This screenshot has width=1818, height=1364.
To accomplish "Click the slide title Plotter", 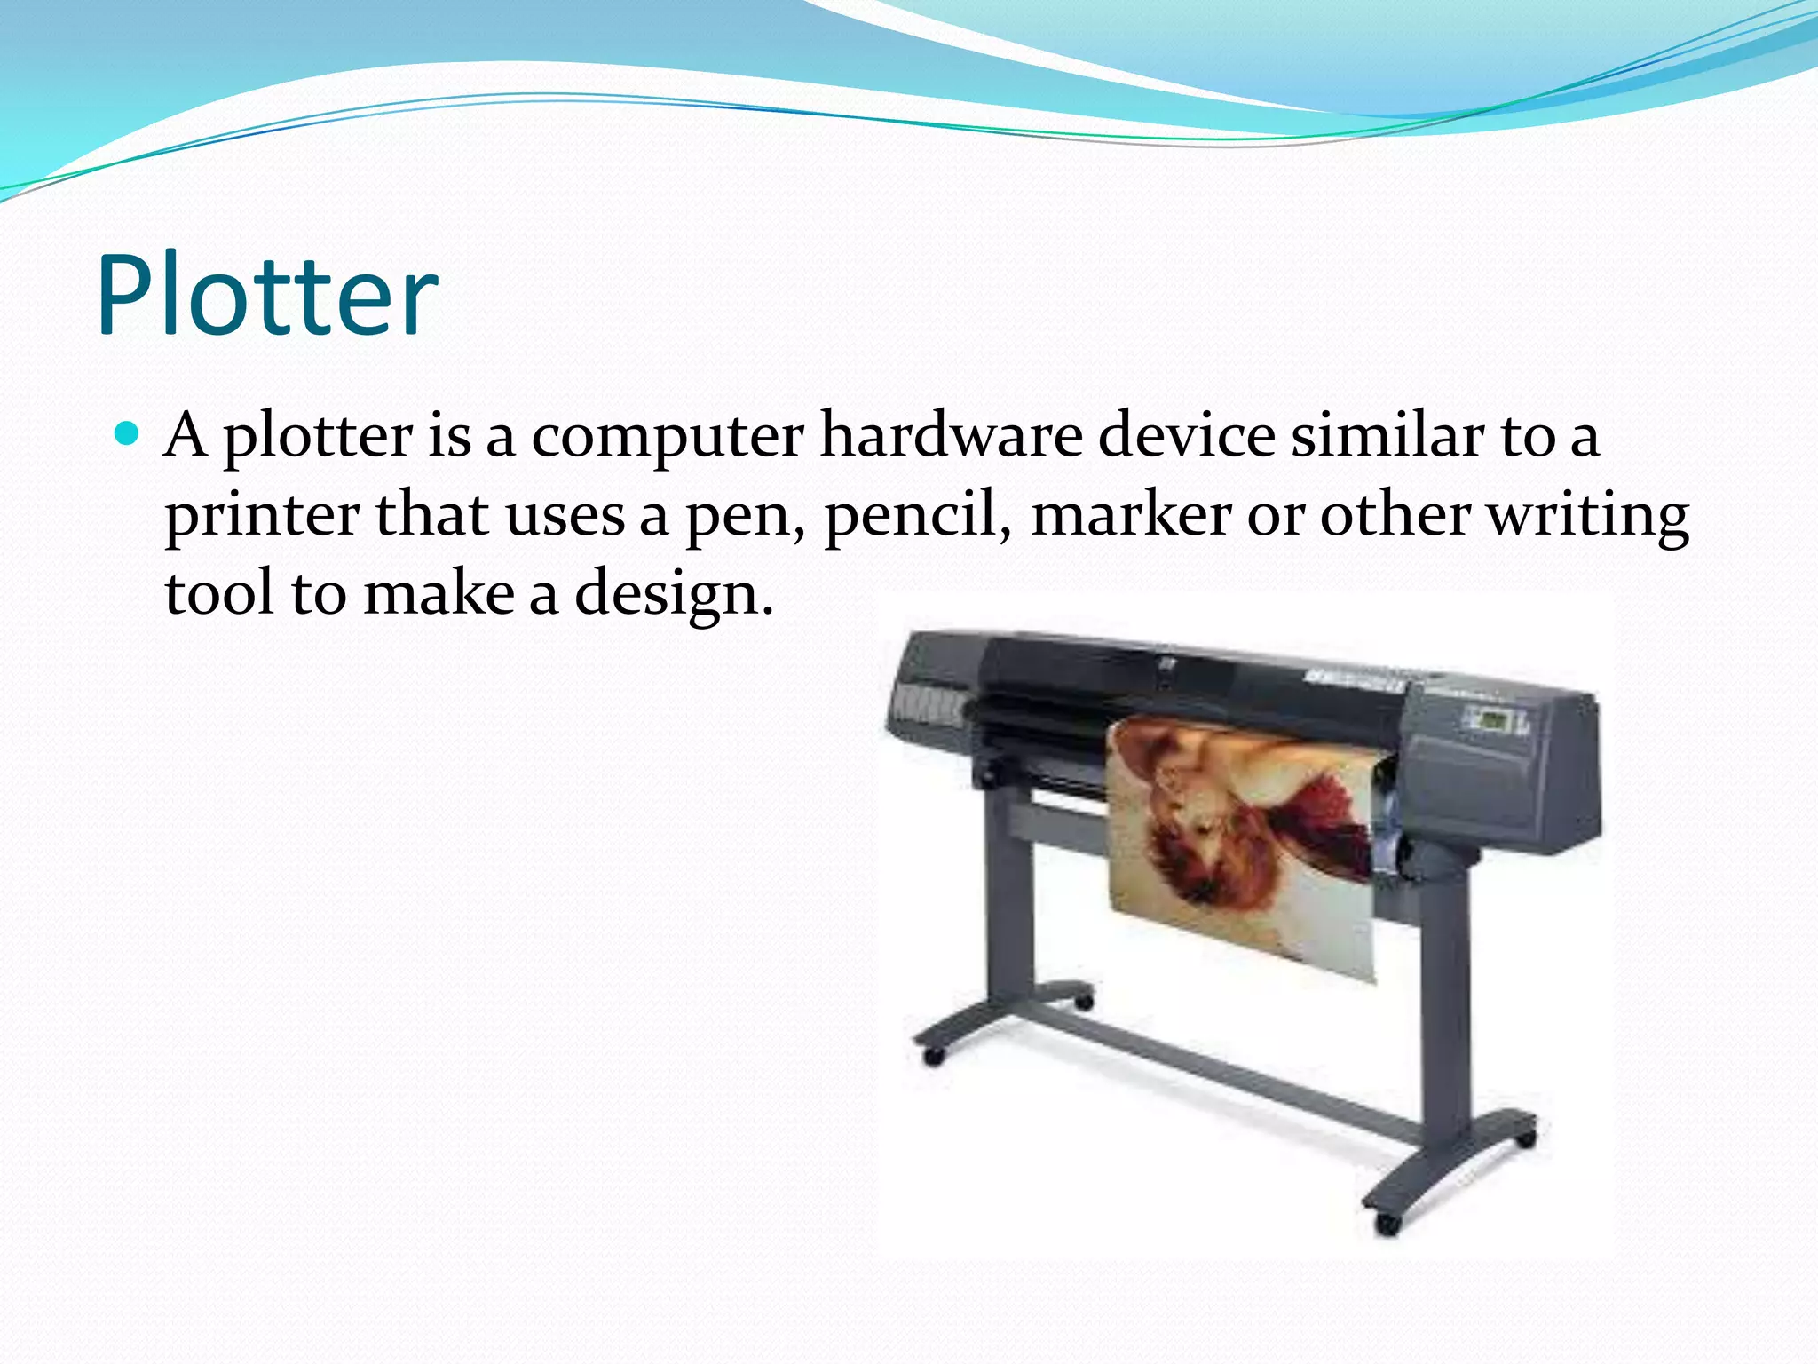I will pyautogui.click(x=266, y=295).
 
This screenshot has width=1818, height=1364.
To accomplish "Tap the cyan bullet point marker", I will pyautogui.click(x=128, y=434).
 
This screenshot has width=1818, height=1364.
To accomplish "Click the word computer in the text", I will pyautogui.click(x=668, y=437).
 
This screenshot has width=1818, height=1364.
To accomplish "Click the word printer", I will pyautogui.click(x=262, y=516).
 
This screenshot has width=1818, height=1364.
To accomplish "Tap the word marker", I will pyautogui.click(x=1132, y=514).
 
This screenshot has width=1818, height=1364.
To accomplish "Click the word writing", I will pyautogui.click(x=1588, y=516).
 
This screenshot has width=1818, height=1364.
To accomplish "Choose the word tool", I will pyautogui.click(x=219, y=593).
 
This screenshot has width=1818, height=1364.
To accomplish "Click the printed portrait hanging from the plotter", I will pyautogui.click(x=1243, y=844).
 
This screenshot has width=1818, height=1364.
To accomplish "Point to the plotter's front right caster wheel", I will pyautogui.click(x=1387, y=1225).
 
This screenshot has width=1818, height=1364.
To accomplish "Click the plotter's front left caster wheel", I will pyautogui.click(x=933, y=1057).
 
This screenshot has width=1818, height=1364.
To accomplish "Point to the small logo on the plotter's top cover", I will pyautogui.click(x=1164, y=662).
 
